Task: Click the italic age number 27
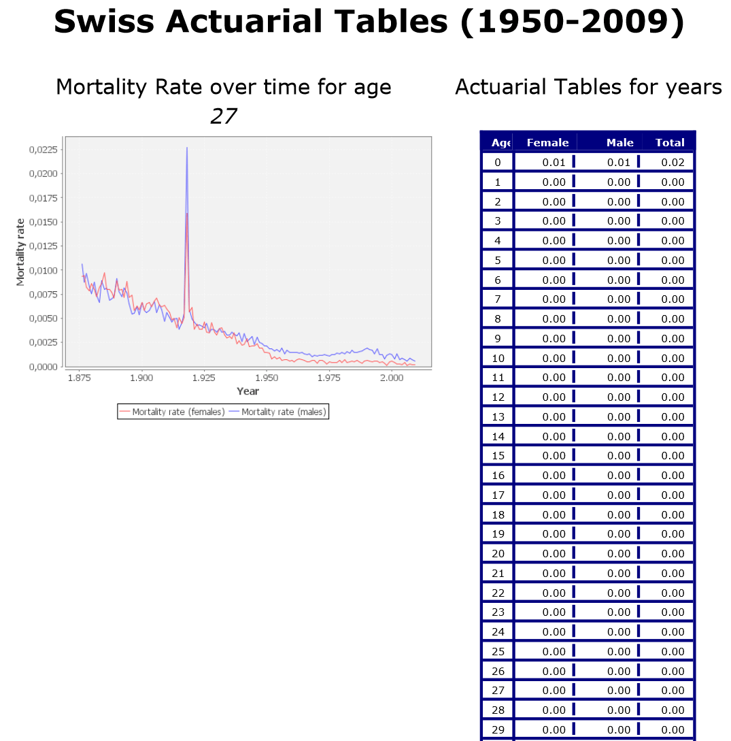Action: pyautogui.click(x=223, y=116)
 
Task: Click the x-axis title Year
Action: pyautogui.click(x=248, y=391)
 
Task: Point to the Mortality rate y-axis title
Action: pyautogui.click(x=21, y=251)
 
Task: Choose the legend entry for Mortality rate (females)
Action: pyautogui.click(x=171, y=412)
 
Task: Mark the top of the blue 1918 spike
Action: pyautogui.click(x=186, y=148)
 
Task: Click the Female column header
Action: pyautogui.click(x=547, y=142)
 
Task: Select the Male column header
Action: pyautogui.click(x=619, y=142)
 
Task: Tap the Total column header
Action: pyautogui.click(x=669, y=142)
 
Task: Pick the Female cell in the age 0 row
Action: pyautogui.click(x=554, y=162)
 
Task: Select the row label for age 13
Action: pyautogui.click(x=498, y=416)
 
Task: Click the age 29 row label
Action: pyautogui.click(x=498, y=729)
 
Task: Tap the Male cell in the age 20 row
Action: pyautogui.click(x=619, y=553)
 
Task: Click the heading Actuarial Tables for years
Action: pyautogui.click(x=588, y=87)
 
